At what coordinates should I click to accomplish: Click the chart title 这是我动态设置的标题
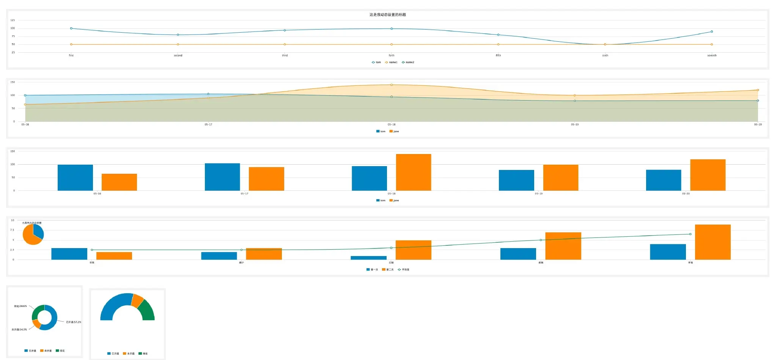coord(387,15)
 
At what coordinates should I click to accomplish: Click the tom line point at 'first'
coord(71,28)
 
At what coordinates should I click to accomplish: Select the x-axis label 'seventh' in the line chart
coord(712,55)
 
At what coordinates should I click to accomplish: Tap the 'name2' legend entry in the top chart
coord(408,62)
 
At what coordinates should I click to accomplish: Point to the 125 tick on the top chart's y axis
coord(13,20)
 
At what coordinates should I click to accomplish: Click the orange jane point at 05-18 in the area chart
coord(392,85)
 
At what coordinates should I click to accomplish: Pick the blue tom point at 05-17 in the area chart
coord(208,94)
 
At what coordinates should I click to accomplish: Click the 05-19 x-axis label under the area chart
coord(575,124)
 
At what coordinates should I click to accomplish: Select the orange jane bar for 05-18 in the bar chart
coord(413,172)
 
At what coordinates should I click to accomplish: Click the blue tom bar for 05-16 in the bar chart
coord(75,178)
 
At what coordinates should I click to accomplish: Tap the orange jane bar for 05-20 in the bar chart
coord(708,175)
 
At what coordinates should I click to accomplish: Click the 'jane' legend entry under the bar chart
coord(394,200)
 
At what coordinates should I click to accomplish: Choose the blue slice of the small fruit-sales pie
coord(38,231)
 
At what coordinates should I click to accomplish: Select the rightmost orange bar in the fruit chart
coord(713,242)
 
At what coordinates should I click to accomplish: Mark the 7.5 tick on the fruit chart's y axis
coord(12,230)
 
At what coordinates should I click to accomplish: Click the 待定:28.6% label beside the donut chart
coord(20,306)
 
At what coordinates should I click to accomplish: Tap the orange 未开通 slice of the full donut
coord(36,324)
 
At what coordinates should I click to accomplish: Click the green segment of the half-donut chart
coord(147,311)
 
